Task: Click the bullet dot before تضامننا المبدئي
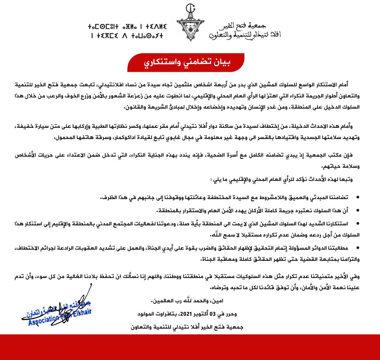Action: pos(357,197)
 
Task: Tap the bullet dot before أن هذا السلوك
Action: pos(357,210)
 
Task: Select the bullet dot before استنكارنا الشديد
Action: pos(357,223)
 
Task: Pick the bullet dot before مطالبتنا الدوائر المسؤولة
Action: pos(357,248)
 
